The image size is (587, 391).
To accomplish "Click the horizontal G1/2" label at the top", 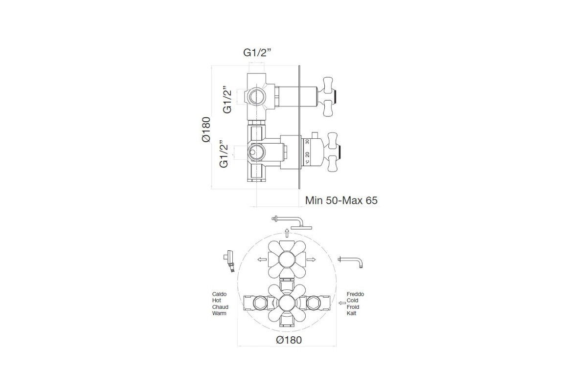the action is [x=257, y=53].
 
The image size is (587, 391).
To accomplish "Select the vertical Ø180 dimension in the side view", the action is [x=206, y=130].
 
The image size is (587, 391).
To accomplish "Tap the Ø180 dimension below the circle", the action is [x=289, y=340].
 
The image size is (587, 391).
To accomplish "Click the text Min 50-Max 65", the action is [x=341, y=200].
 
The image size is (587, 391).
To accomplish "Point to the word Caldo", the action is [x=219, y=294].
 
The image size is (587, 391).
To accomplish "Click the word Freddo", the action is [x=355, y=294].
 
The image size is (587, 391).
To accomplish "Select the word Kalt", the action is [x=351, y=313].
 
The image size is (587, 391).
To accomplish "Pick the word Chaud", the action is [x=220, y=307].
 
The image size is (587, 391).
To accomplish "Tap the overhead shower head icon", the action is [x=292, y=222].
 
